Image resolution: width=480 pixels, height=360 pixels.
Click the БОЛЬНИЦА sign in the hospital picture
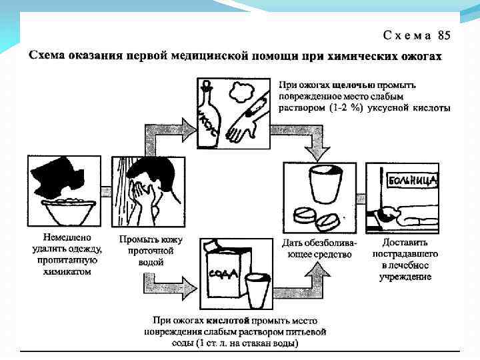[413, 179]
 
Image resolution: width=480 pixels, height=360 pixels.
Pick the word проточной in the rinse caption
[151, 251]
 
